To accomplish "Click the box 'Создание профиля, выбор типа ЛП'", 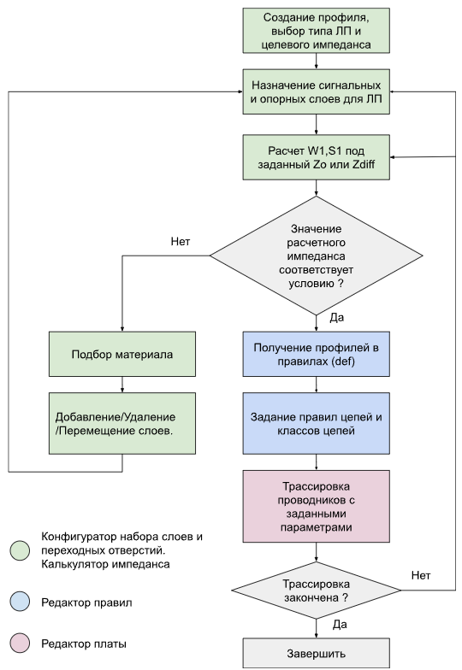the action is [x=317, y=31].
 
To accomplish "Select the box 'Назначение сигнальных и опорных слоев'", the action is [x=317, y=91].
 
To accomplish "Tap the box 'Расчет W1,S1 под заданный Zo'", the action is [x=317, y=157].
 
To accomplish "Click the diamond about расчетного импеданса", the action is [x=317, y=256].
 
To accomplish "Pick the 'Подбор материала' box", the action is [x=122, y=354].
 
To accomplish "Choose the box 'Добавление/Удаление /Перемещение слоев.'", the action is [x=122, y=423].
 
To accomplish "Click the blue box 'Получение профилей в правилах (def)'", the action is [x=317, y=354].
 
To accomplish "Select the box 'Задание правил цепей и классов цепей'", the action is [x=317, y=423].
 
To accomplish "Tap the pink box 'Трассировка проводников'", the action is [x=317, y=506].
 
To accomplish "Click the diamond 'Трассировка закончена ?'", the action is [x=317, y=590].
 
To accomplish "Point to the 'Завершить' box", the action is [x=317, y=653].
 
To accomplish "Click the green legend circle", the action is [x=21, y=550].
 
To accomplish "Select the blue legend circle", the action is [x=21, y=602].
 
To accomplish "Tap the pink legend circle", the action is [x=21, y=643].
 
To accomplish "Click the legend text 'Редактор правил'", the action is [x=86, y=602].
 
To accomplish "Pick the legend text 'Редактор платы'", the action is [x=84, y=644].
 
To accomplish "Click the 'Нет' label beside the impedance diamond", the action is [x=180, y=241].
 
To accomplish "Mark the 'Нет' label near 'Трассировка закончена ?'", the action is [x=421, y=576].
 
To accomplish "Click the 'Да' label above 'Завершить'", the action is [x=340, y=625].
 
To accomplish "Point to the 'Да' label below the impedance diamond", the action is [x=337, y=318].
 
